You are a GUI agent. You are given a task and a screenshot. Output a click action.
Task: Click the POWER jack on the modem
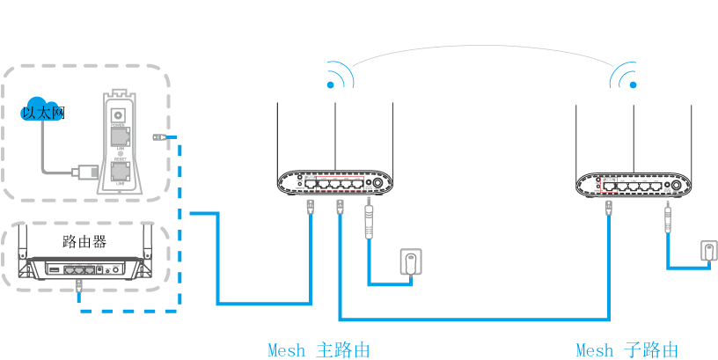click(118, 113)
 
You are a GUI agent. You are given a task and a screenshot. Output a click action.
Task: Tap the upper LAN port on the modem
click(118, 137)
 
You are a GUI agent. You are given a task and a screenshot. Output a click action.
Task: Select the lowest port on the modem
click(118, 173)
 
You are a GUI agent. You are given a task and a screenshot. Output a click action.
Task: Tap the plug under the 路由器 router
click(80, 286)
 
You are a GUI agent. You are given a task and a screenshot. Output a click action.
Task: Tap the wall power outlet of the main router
click(410, 262)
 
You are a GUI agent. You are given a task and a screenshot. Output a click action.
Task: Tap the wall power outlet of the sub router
click(709, 251)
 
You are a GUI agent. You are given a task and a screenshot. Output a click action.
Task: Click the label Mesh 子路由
click(626, 349)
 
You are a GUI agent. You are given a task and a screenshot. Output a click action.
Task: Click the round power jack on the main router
click(379, 185)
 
